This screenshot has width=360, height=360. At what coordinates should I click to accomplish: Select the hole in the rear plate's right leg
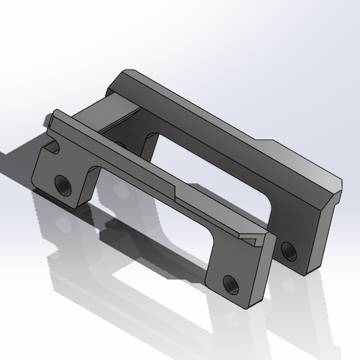[x=287, y=247]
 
